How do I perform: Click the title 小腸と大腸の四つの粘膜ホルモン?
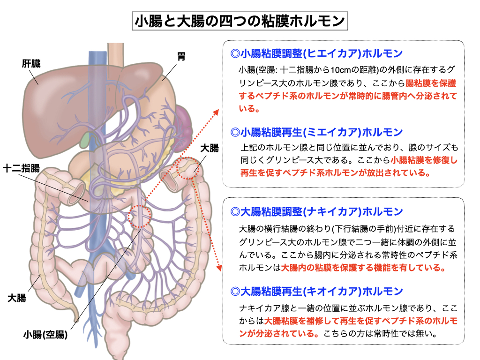[240, 21]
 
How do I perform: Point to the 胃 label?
[181, 57]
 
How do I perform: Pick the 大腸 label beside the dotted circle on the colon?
[209, 149]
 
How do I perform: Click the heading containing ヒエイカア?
[317, 53]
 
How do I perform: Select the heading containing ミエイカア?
[317, 132]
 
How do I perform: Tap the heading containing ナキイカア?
[317, 211]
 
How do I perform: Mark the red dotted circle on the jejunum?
[140, 216]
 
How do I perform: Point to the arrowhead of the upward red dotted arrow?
[217, 112]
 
